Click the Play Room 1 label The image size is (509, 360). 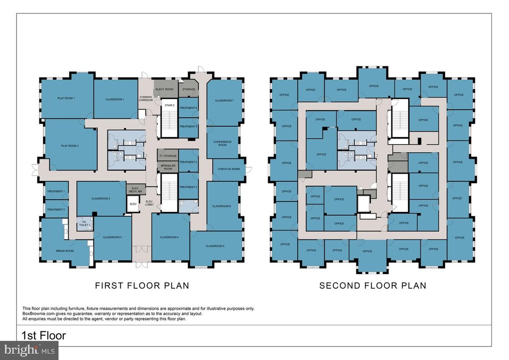pyautogui.click(x=66, y=98)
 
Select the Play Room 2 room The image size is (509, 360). pyautogui.click(x=70, y=146)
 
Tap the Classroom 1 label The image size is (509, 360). pyautogui.click(x=115, y=99)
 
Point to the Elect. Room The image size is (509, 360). pyautogui.click(x=164, y=89)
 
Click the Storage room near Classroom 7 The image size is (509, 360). pyautogui.click(x=189, y=89)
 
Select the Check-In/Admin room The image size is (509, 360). pyautogui.click(x=228, y=169)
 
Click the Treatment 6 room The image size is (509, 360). pyautogui.click(x=188, y=108)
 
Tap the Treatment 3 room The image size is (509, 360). pyautogui.click(x=188, y=187)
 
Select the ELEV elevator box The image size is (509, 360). pyautogui.click(x=133, y=204)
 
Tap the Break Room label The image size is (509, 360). pyautogui.click(x=64, y=251)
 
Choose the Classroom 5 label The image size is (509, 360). pyautogui.click(x=215, y=246)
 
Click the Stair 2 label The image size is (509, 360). pyautogui.click(x=169, y=105)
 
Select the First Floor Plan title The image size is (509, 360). pyautogui.click(x=142, y=286)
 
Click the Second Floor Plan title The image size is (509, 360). pyautogui.click(x=372, y=286)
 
